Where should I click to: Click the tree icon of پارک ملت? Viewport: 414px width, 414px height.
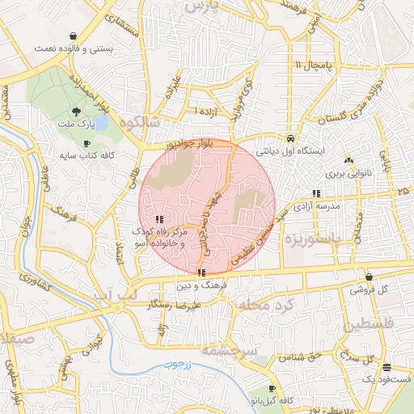(76, 112)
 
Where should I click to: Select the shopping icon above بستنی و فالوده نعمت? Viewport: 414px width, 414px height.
(74, 36)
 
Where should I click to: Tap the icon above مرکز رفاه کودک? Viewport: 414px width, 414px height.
(159, 218)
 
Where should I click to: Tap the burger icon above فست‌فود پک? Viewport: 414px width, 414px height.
(387, 367)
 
